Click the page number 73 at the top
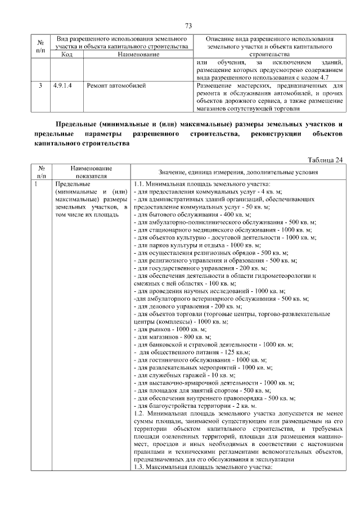point(188,25)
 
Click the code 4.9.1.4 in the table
point(63,85)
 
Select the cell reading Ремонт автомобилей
point(116,85)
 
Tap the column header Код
point(66,55)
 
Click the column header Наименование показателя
point(91,172)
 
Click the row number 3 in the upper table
point(40,85)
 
